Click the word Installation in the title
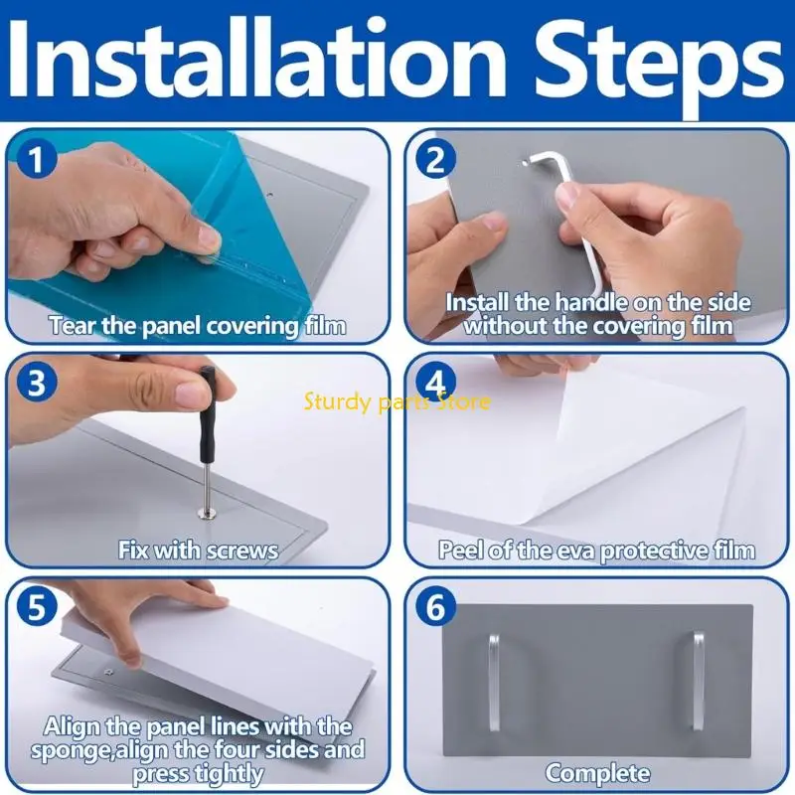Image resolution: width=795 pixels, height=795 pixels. tap(257, 59)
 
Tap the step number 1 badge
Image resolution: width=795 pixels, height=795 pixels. tap(36, 159)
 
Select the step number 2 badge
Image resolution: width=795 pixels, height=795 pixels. tap(435, 160)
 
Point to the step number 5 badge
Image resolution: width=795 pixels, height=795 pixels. tap(36, 606)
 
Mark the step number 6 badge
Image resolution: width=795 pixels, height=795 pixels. tap(435, 606)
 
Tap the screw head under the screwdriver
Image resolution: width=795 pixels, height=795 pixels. tap(208, 515)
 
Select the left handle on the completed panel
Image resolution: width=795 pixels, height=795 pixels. tap(494, 682)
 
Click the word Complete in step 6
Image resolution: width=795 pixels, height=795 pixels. tap(598, 773)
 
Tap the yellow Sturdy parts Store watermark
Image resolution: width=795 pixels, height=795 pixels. tap(397, 402)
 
